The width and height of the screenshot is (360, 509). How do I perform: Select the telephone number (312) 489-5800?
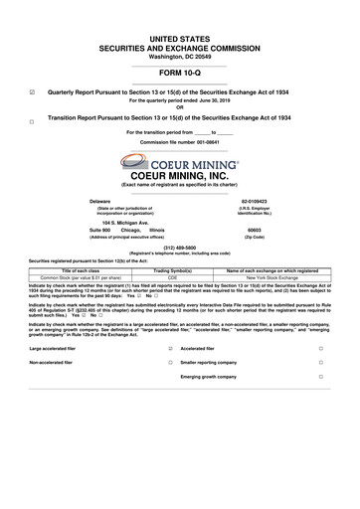pyautogui.click(x=179, y=247)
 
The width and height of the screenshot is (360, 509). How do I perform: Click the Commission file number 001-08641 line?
pyautogui.click(x=179, y=142)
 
